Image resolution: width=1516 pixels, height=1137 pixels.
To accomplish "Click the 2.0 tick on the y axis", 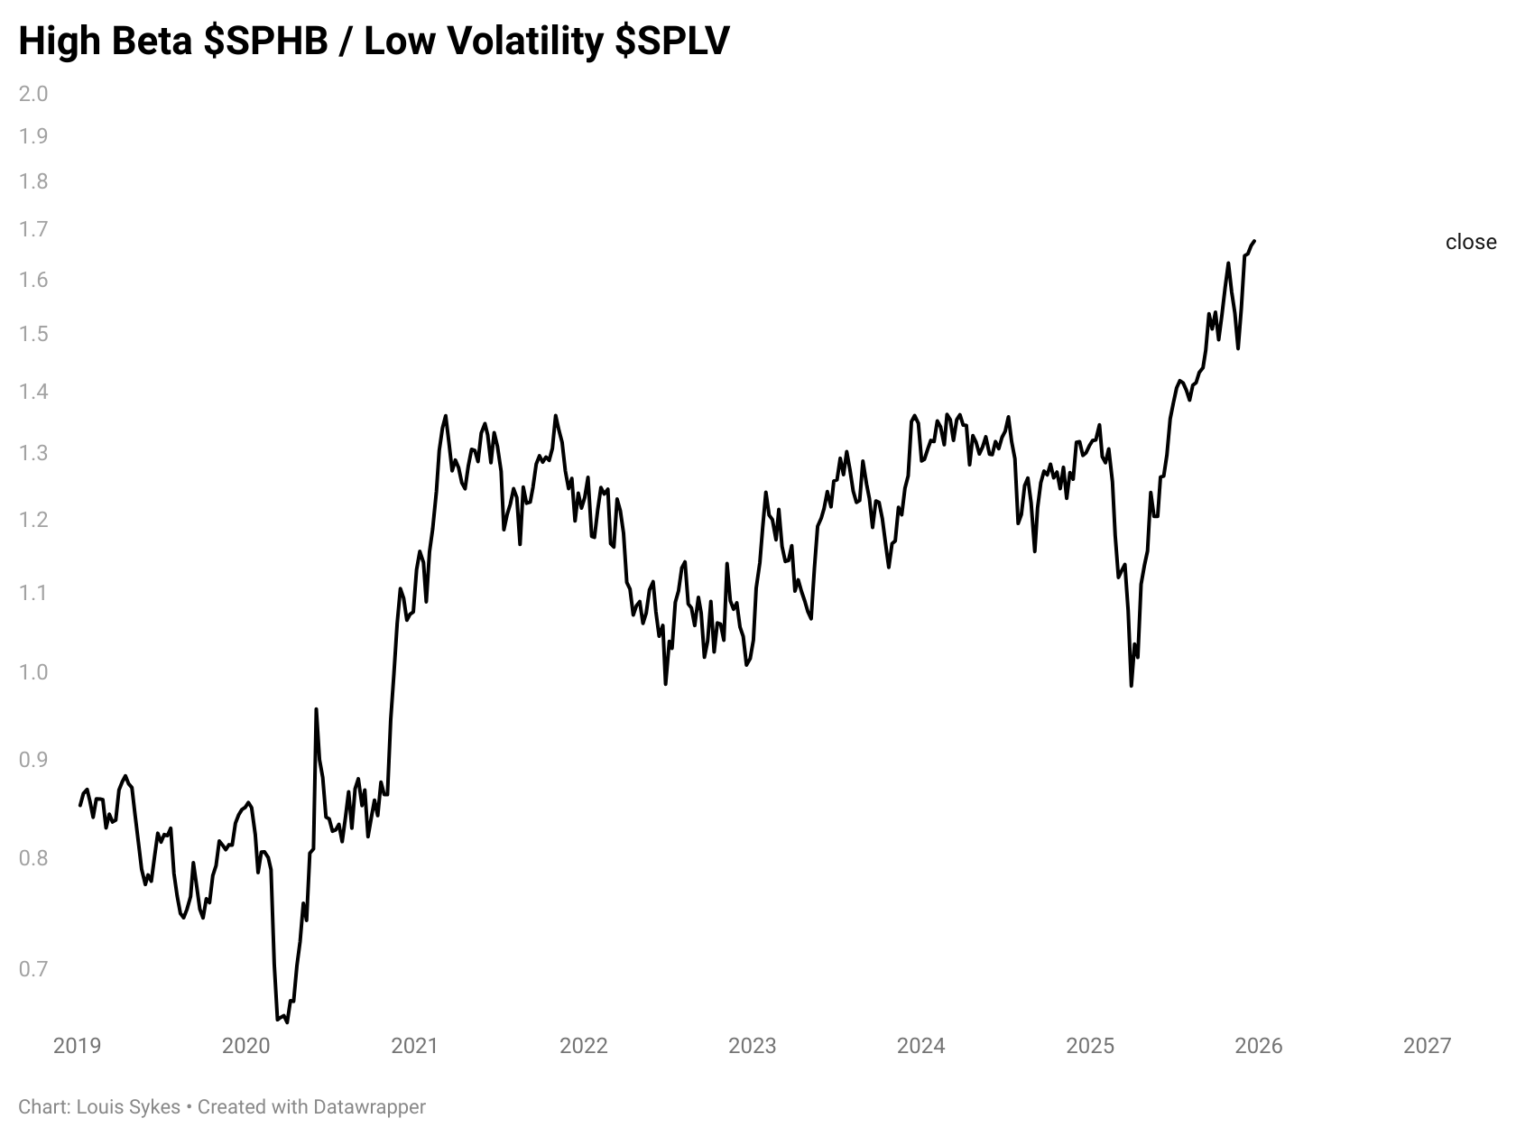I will point(33,94).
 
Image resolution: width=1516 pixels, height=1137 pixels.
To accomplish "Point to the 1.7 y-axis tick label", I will point(33,229).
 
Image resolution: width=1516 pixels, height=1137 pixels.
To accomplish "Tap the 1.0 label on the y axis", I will point(33,672).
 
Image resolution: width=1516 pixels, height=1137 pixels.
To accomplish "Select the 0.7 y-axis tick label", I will point(33,969).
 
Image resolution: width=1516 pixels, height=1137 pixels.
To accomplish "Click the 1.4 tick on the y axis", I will point(33,393).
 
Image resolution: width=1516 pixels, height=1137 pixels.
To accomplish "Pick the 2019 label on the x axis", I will point(78,1046).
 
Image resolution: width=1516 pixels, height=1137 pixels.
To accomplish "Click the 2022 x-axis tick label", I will point(584,1046).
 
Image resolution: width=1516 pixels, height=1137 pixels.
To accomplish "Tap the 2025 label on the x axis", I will point(1090,1046).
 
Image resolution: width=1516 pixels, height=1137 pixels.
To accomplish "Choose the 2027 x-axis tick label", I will point(1428,1046).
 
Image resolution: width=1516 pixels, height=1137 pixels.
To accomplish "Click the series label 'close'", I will point(1470,242).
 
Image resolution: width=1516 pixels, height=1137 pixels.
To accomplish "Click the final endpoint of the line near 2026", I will point(1254,241).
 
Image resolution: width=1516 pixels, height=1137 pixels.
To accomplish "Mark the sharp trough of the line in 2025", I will point(1131,686).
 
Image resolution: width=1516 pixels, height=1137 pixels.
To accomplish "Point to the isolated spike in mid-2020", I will point(316,709).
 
